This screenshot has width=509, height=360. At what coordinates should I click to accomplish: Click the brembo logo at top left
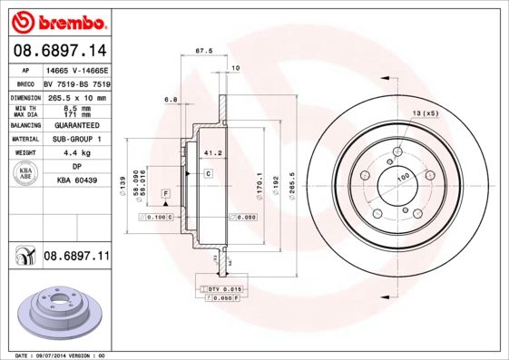[56, 20]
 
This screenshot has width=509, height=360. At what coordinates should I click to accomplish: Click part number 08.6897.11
[76, 257]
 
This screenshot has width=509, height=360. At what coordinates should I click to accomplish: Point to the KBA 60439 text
[76, 180]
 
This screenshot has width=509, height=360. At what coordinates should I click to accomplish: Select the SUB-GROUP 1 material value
[76, 139]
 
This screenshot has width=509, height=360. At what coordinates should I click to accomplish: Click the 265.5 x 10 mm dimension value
[76, 97]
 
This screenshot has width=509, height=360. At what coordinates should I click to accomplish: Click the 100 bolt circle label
[400, 177]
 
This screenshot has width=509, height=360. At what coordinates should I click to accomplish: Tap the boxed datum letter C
[207, 172]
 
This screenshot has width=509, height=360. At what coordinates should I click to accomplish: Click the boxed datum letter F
[166, 193]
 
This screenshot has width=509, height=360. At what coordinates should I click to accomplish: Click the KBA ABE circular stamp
[25, 173]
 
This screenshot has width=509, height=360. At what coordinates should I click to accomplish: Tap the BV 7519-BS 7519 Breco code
[76, 83]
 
